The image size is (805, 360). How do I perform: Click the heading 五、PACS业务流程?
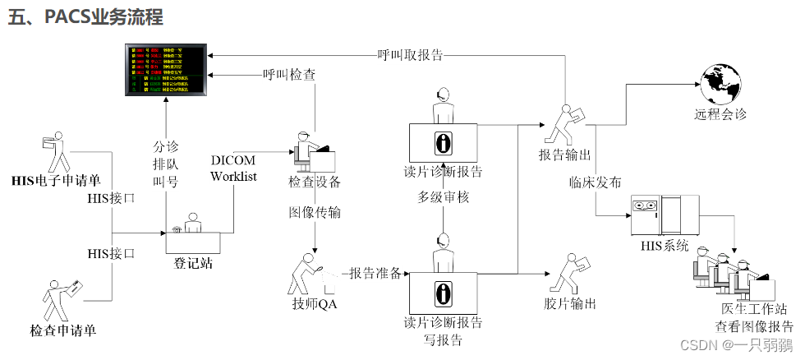(85, 16)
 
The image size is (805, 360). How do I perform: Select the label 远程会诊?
(721, 115)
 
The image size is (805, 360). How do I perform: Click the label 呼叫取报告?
(410, 56)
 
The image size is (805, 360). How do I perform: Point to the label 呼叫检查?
(289, 75)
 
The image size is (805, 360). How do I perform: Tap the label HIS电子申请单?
(55, 180)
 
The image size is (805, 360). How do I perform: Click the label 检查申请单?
(63, 330)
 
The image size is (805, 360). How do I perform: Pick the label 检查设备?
(315, 181)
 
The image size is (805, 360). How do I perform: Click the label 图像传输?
(315, 213)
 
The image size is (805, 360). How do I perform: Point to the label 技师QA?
(315, 303)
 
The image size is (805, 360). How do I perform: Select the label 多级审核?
(443, 198)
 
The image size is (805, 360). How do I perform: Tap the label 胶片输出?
(569, 303)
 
